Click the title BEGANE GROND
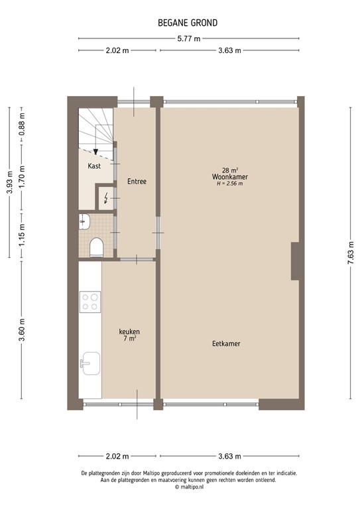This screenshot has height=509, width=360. click(188, 23)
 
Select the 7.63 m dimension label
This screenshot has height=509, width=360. click(349, 252)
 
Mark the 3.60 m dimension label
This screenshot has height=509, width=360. click(22, 330)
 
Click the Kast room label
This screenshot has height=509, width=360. click(94, 166)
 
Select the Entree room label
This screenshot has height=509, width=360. click(137, 182)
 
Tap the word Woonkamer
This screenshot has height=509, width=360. click(229, 177)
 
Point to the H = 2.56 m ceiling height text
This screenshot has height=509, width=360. click(229, 184)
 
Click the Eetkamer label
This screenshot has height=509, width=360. click(226, 344)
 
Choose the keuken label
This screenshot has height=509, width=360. click(129, 332)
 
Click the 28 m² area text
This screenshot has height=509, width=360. click(229, 170)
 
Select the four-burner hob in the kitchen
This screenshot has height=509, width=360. click(90, 302)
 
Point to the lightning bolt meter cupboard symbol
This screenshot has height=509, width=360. click(105, 197)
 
